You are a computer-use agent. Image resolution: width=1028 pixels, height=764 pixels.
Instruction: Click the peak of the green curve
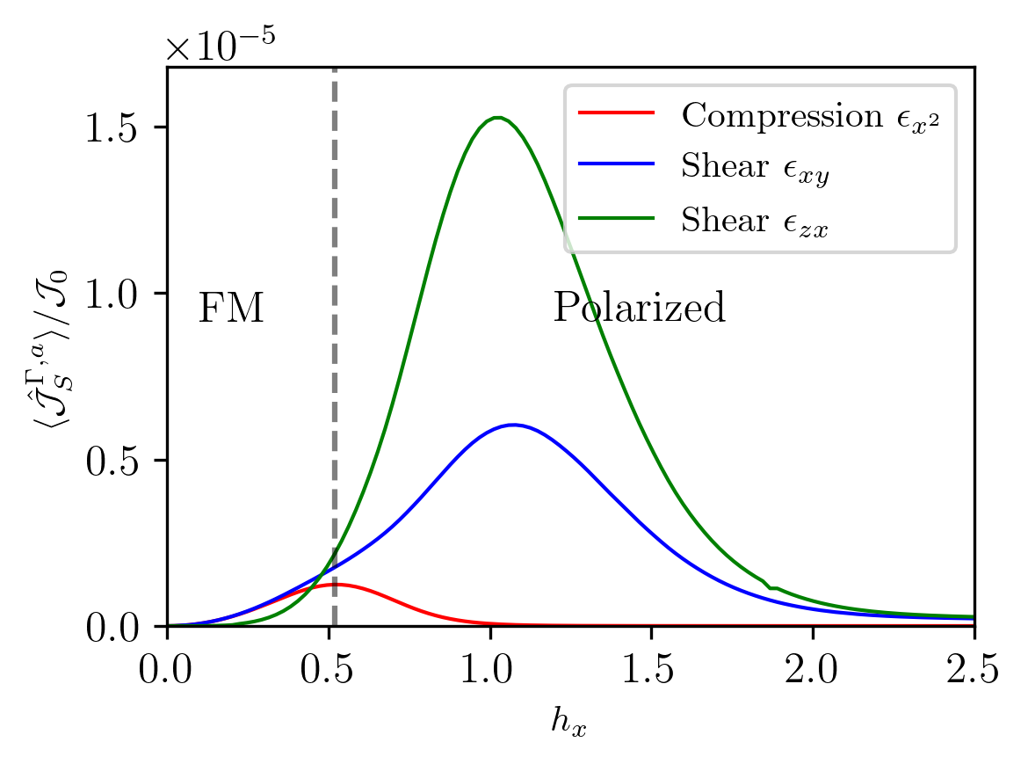(x=497, y=118)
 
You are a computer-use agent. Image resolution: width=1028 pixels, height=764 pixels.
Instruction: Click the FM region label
(x=231, y=309)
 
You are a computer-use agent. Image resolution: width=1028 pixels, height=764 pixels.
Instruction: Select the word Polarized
(x=639, y=309)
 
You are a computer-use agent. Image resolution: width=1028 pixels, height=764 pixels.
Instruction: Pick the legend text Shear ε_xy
(x=755, y=169)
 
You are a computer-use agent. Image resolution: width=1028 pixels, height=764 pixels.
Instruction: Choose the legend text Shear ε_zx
(x=755, y=223)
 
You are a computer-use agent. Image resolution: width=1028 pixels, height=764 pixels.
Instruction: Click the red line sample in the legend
(x=616, y=113)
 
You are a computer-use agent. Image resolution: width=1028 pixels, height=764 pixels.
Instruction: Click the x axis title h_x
(x=569, y=723)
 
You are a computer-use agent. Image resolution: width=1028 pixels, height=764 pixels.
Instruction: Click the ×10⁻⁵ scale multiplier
(x=221, y=47)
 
